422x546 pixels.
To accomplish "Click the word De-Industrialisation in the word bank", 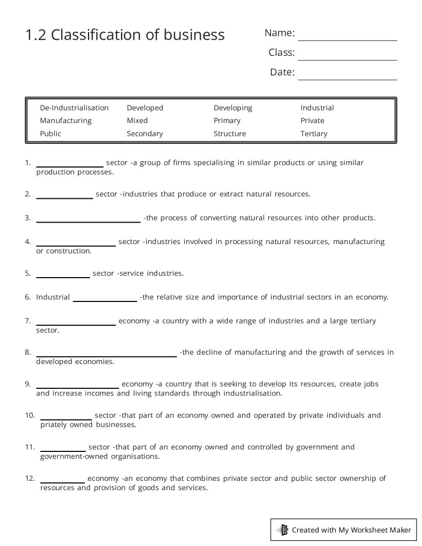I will coord(74,108).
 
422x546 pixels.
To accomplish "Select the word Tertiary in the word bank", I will coord(314,133).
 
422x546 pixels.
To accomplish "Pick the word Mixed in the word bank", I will coord(137,120).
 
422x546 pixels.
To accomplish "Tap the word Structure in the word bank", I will coord(230,133).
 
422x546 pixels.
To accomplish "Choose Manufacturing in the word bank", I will coord(66,120).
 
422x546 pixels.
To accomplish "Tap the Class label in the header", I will coord(281,53).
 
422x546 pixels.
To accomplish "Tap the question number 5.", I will coord(27,273).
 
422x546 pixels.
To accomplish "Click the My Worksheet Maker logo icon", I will coord(283,529).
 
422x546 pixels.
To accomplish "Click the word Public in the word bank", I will coord(50,133).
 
